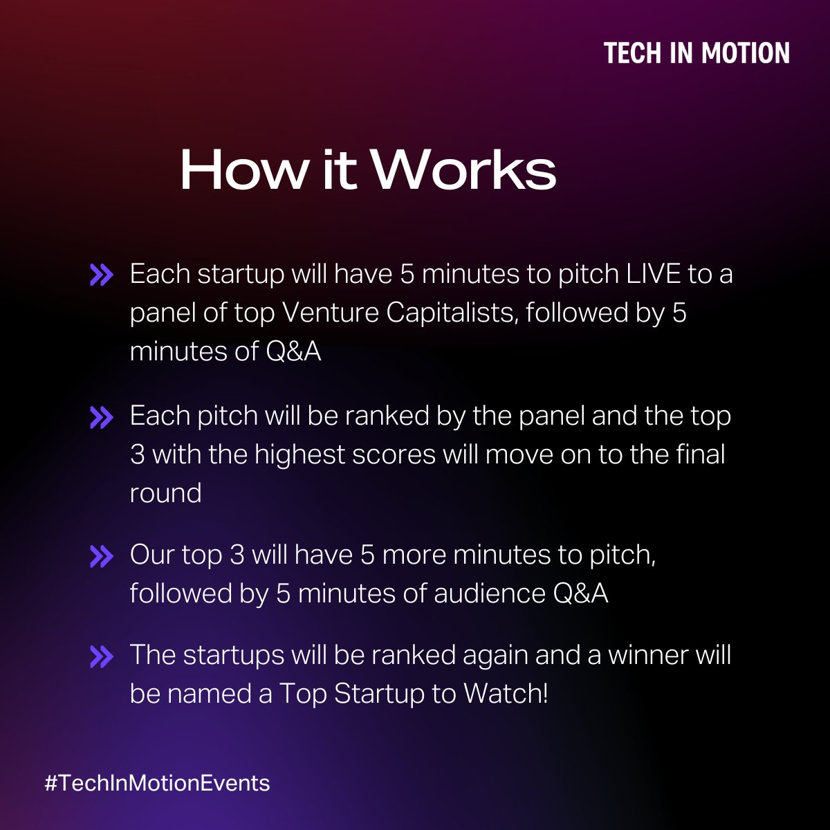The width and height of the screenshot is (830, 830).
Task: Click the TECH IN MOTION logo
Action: pos(697,53)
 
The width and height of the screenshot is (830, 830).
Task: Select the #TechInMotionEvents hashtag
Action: pos(157,783)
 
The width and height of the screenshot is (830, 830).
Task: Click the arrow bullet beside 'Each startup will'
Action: pos(101,275)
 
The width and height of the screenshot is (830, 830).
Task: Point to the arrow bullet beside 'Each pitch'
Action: pos(101,417)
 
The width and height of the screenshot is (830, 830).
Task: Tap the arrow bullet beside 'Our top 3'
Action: pos(101,555)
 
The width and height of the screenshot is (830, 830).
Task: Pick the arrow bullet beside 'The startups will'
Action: pos(101,656)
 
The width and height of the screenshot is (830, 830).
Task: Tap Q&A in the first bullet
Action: pos(293,352)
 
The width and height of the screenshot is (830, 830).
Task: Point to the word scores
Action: pos(402,455)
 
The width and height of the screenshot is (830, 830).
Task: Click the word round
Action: pos(165,493)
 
